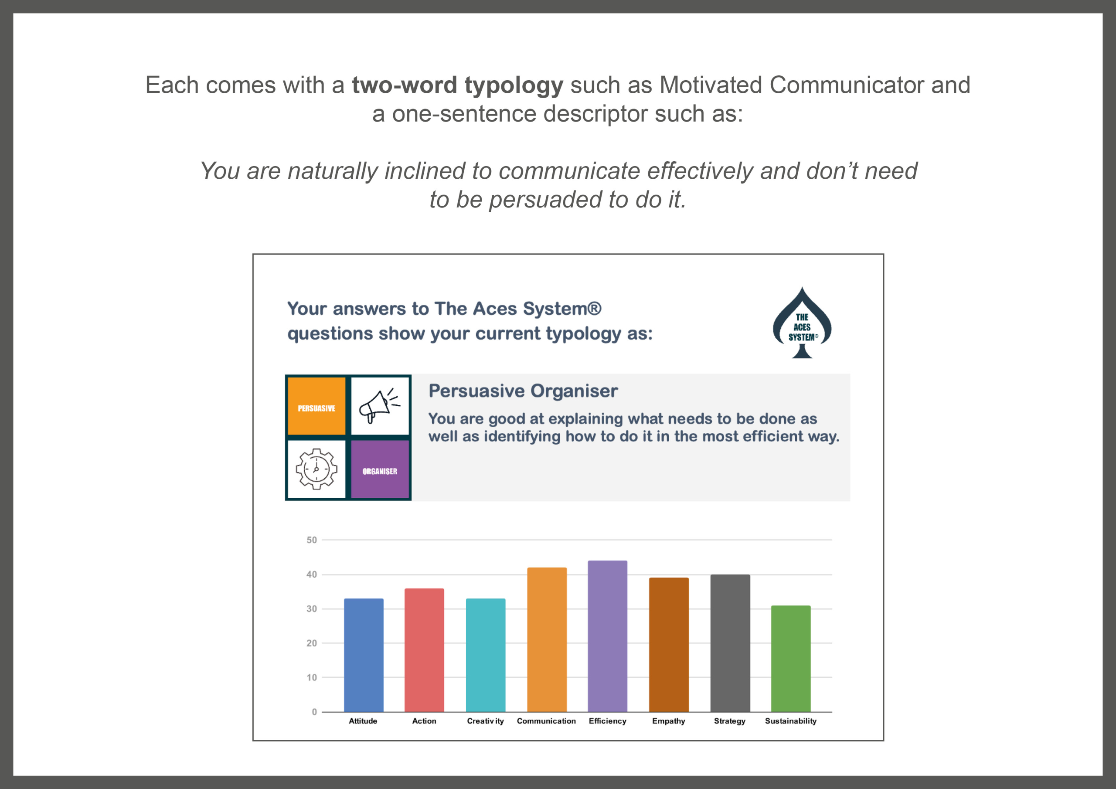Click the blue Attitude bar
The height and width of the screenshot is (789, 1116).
pyautogui.click(x=364, y=655)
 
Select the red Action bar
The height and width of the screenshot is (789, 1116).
pyautogui.click(x=424, y=650)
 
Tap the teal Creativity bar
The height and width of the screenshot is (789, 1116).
pyautogui.click(x=486, y=655)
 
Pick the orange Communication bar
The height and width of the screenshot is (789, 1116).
pyautogui.click(x=547, y=639)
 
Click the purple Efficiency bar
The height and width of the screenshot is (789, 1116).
pyautogui.click(x=608, y=636)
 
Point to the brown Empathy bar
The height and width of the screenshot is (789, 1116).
pyautogui.click(x=669, y=645)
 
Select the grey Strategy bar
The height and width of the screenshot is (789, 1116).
pyautogui.click(x=730, y=643)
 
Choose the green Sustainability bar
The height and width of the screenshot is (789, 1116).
pyautogui.click(x=791, y=659)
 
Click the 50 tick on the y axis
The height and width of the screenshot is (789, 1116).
pyautogui.click(x=312, y=540)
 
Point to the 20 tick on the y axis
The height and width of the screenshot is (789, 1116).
pyautogui.click(x=312, y=643)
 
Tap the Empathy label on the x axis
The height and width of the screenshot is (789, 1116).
pyautogui.click(x=669, y=721)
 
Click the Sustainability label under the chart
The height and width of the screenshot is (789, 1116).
pyautogui.click(x=791, y=721)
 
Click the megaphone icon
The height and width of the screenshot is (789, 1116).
pyautogui.click(x=380, y=406)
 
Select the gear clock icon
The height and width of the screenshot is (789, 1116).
pyautogui.click(x=316, y=469)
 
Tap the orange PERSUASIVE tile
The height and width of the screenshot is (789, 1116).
pyautogui.click(x=316, y=406)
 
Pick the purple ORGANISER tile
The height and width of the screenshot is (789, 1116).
pyautogui.click(x=380, y=469)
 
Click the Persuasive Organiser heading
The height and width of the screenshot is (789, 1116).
pyautogui.click(x=523, y=391)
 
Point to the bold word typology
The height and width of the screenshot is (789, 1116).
pyautogui.click(x=514, y=86)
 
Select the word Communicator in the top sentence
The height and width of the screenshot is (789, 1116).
pyautogui.click(x=847, y=85)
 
